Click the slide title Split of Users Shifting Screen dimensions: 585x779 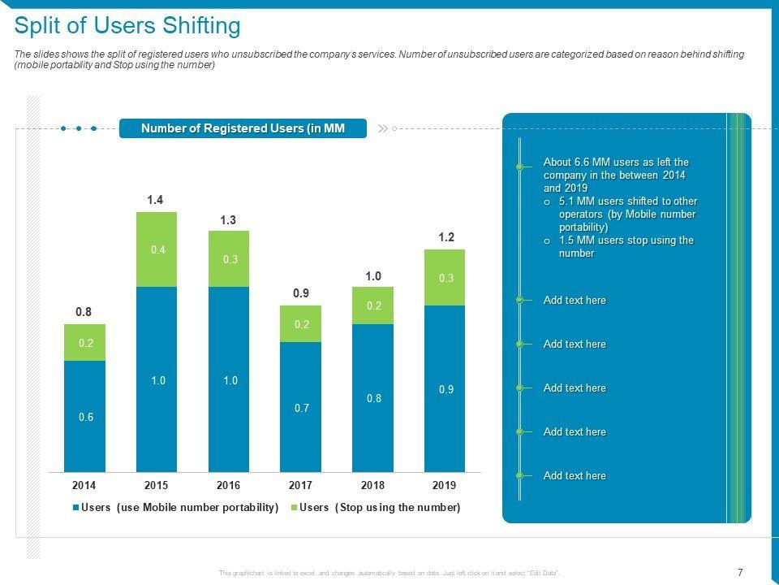(127, 27)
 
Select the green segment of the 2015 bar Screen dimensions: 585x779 (157, 249)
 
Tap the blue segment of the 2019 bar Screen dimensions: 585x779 (445, 388)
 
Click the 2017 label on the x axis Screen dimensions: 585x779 (300, 485)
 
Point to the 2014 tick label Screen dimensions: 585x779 (84, 485)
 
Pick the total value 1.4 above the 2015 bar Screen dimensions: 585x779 (155, 199)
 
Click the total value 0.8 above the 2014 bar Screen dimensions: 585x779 (84, 311)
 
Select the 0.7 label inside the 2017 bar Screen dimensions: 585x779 (301, 408)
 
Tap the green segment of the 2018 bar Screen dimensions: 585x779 (372, 305)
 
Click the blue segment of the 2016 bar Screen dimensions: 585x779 (229, 379)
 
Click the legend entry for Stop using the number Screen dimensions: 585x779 (374, 508)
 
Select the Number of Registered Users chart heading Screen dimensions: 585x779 (243, 128)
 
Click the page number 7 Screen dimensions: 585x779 (739, 571)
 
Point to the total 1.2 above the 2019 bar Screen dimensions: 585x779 (445, 236)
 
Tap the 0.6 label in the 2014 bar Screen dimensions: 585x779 (86, 417)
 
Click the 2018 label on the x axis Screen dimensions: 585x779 (372, 485)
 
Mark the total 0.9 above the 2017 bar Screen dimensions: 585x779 (300, 292)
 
